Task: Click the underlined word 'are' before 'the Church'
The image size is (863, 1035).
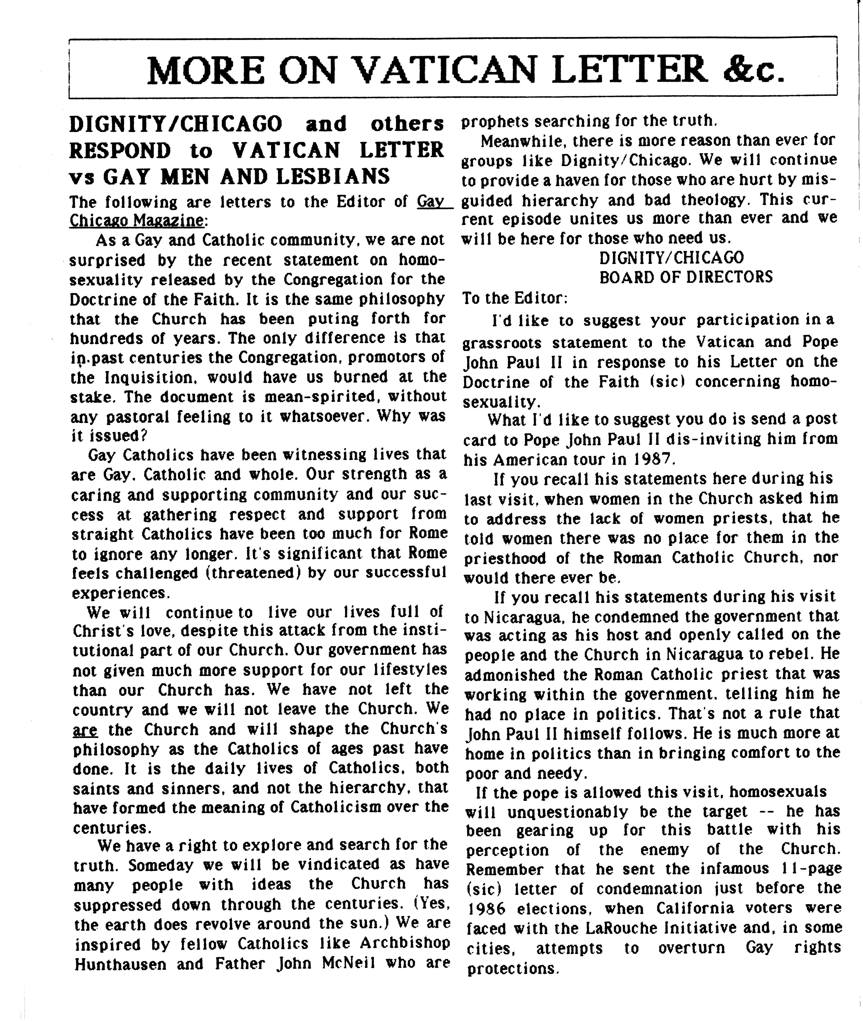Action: [85, 729]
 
